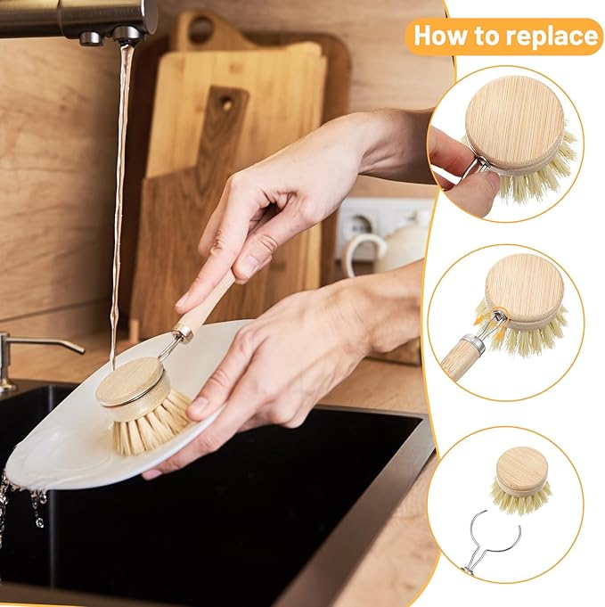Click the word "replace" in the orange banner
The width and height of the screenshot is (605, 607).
(552, 37)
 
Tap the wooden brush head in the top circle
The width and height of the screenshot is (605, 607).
(515, 120)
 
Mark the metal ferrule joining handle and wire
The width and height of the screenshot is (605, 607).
(184, 332)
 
